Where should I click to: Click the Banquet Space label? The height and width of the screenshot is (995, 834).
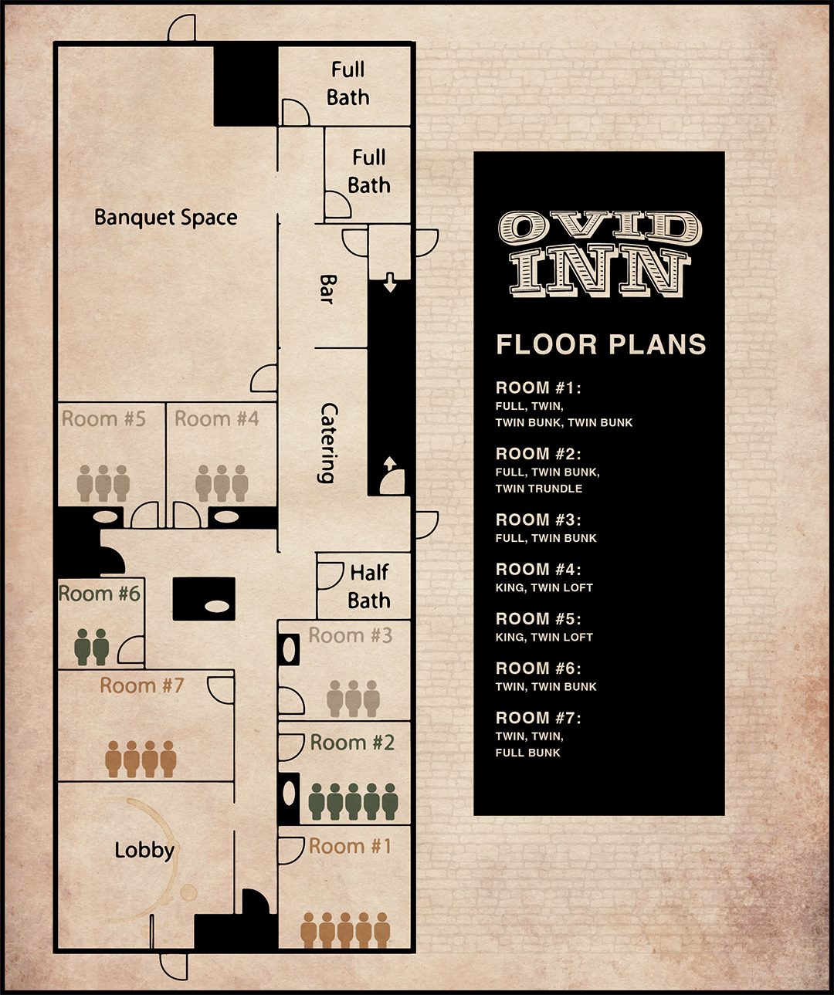(x=166, y=218)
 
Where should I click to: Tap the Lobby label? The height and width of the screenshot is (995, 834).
(x=144, y=851)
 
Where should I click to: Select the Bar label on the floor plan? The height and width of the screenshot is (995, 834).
(x=328, y=289)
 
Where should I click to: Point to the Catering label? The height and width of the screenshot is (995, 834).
(x=328, y=443)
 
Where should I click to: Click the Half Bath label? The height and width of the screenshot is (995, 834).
(x=369, y=586)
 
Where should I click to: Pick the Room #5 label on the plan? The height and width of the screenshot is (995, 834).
(x=103, y=419)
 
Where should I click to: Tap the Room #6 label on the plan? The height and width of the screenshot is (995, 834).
(x=99, y=594)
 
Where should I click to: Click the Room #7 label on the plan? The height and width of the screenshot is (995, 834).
(x=141, y=685)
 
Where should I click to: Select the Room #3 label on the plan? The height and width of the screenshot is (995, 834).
(x=351, y=635)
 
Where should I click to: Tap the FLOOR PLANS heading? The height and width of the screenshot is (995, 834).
(x=601, y=344)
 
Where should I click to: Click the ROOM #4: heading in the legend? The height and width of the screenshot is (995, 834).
(x=538, y=570)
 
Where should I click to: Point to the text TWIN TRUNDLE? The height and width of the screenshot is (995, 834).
(x=539, y=489)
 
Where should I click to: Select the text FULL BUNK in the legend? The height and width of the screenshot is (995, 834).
(x=528, y=753)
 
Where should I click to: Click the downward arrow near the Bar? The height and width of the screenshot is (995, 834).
(x=390, y=282)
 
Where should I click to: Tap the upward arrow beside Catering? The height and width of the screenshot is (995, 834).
(x=390, y=463)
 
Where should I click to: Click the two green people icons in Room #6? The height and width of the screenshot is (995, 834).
(x=92, y=647)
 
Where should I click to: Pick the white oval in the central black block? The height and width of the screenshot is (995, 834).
(x=217, y=607)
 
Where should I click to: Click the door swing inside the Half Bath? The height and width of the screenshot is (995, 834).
(x=330, y=575)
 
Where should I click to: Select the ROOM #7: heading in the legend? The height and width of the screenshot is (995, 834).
(x=538, y=718)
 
